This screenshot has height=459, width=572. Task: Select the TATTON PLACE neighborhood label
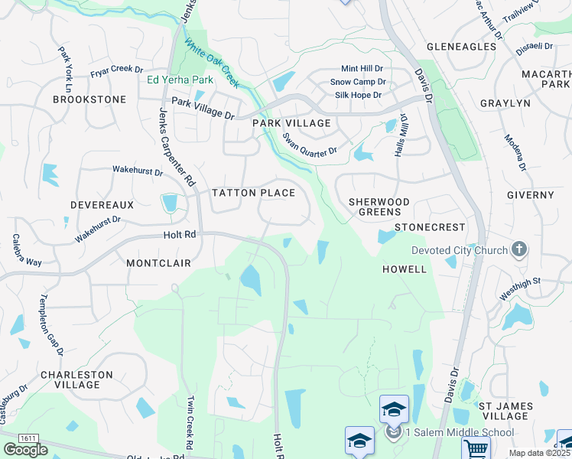pyautogui.click(x=253, y=193)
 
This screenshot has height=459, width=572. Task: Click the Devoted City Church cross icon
pyautogui.click(x=519, y=249)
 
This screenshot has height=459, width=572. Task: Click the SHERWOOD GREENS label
pyautogui.click(x=379, y=207)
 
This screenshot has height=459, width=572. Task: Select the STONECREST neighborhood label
pyautogui.click(x=430, y=227)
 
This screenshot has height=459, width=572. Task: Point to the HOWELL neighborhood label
pyautogui.click(x=404, y=269)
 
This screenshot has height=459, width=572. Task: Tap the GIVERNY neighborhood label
pyautogui.click(x=530, y=195)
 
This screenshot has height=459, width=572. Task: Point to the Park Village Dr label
pyautogui.click(x=203, y=108)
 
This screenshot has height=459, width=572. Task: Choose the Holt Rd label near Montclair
pyautogui.click(x=180, y=236)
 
